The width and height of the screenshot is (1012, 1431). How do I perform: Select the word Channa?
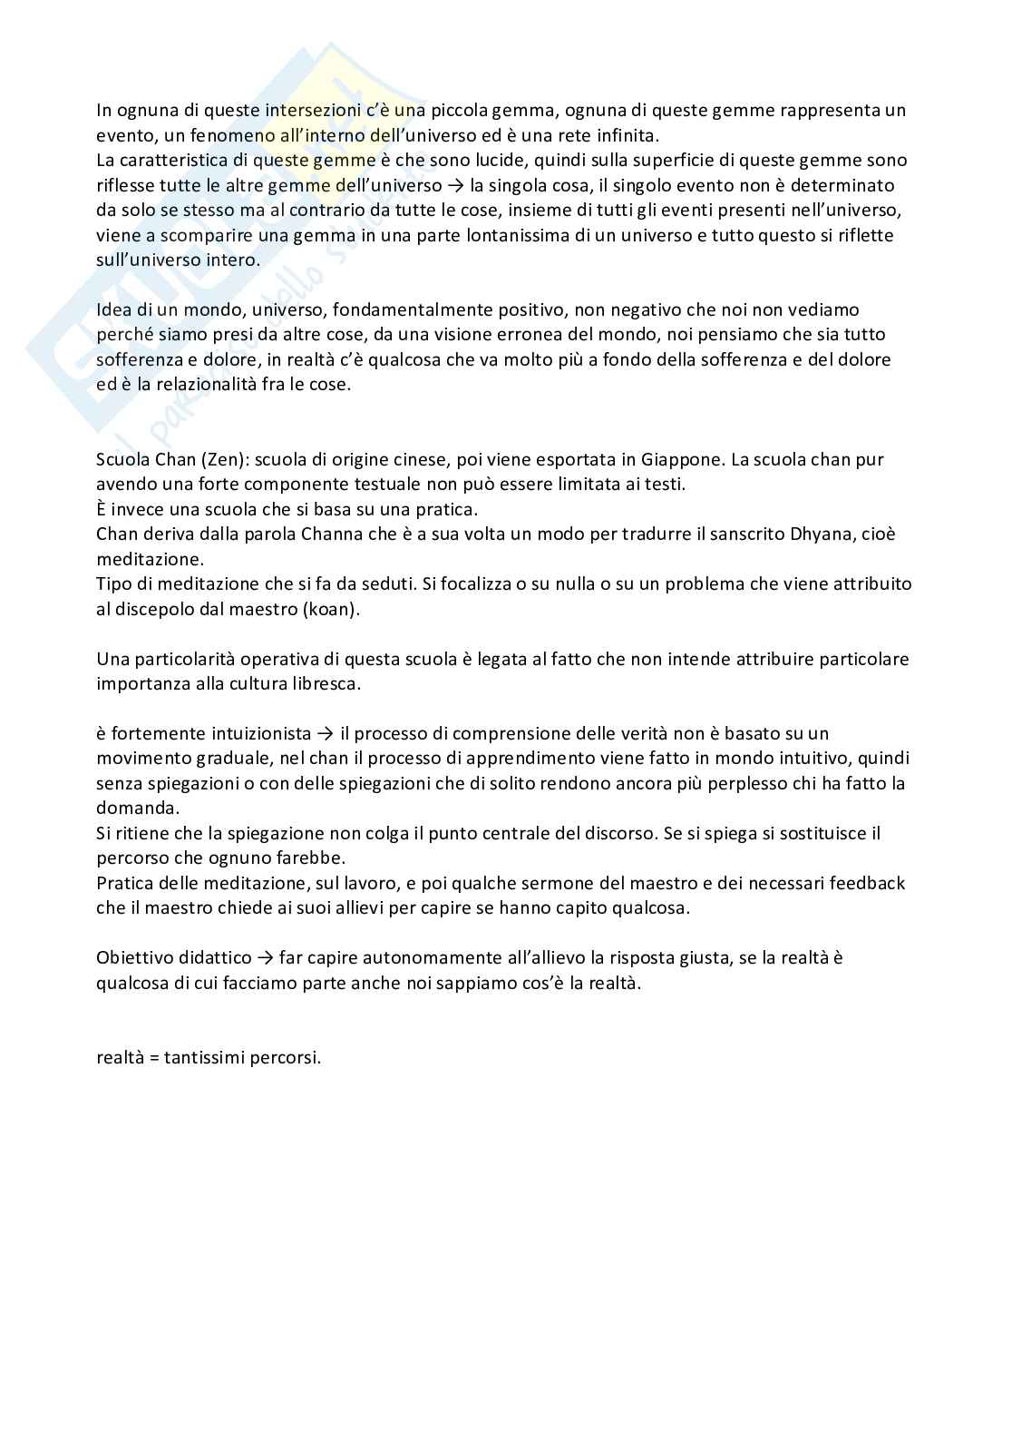pyautogui.click(x=358, y=534)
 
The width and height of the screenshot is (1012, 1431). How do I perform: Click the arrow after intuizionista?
pyautogui.click(x=326, y=733)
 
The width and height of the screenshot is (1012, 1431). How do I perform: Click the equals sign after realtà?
pyautogui.click(x=153, y=1058)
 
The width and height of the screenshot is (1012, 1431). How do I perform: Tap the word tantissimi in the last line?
pyautogui.click(x=201, y=1058)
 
